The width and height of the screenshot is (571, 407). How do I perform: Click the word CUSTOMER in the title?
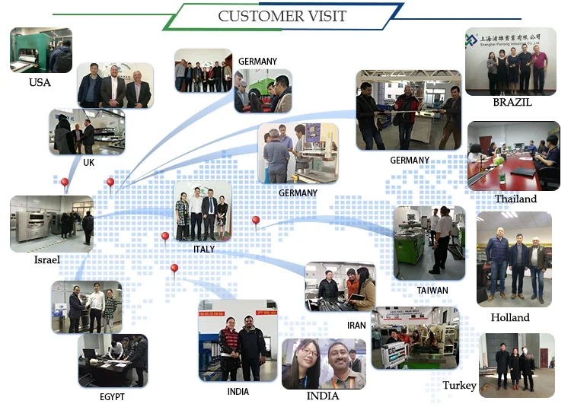256,16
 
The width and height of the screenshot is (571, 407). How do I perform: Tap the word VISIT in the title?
323,16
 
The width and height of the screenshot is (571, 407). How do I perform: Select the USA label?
40,82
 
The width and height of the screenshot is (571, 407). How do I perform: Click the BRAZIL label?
512,102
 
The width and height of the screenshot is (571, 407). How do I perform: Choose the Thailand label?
515,199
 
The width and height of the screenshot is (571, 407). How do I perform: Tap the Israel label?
47,259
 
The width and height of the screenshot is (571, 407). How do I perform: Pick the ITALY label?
204,249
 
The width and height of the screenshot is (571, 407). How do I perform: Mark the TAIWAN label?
432,290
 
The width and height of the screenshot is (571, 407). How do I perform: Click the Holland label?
510,317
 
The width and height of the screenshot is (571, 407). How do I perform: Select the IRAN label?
356,325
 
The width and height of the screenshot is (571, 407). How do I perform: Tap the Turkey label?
459,385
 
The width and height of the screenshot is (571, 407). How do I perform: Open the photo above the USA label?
40,50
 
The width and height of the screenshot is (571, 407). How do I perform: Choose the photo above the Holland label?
513,259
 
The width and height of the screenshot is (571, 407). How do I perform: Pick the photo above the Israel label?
52,224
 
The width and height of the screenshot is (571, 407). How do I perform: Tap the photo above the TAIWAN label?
429,243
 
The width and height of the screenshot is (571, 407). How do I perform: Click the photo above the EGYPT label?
112,361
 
